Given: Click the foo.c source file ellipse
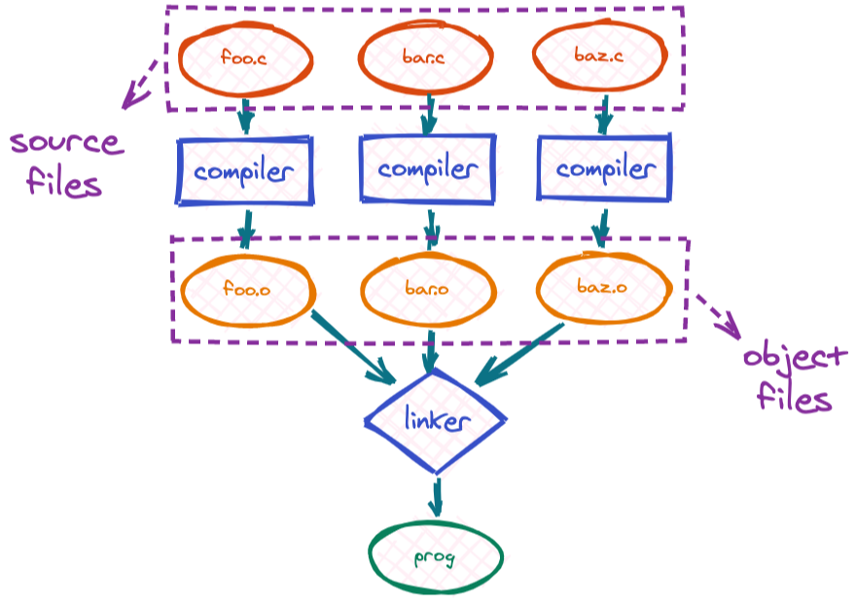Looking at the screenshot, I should pos(246,58).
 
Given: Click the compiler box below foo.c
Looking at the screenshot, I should pos(244,172).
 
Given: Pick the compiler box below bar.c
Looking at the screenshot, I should pos(427,169).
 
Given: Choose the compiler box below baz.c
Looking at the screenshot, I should pos(604,170).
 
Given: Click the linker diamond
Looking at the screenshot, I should pos(436,420).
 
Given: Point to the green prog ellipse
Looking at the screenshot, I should pos(436,557).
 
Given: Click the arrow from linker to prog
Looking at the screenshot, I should pos(436,496).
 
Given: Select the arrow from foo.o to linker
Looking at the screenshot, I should pos(352,346).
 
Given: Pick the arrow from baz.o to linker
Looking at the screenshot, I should pos(520,352).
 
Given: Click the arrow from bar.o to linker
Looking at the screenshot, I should pos(429,351).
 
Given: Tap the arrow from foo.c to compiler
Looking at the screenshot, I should pos(245,116).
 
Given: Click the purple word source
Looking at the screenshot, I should pos(66,143).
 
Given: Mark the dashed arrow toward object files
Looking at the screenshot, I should pos(718,313).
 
